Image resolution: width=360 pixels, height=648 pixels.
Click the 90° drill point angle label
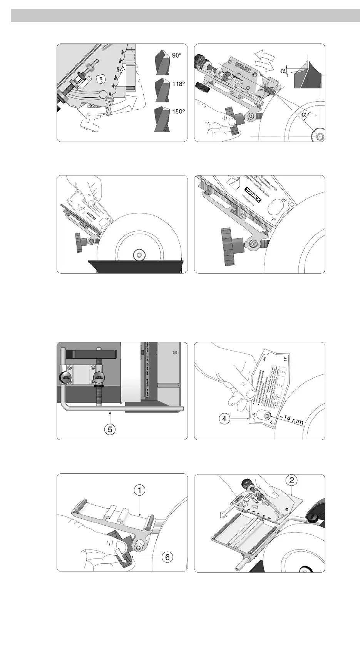(177, 56)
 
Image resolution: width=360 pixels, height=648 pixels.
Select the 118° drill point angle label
(179, 84)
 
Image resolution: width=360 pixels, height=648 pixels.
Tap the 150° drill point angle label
(179, 112)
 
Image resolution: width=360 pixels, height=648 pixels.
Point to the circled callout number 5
(110, 429)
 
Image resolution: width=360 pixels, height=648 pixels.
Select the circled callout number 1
(139, 490)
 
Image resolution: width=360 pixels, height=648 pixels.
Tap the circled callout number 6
(167, 557)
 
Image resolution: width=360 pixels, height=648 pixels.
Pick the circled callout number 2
(292, 480)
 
